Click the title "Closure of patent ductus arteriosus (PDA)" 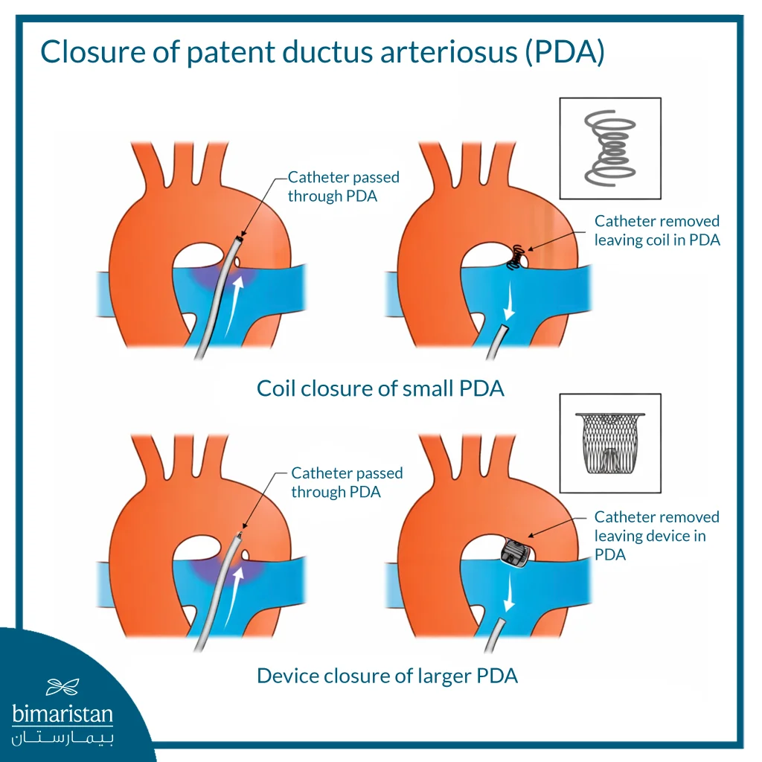point(321,53)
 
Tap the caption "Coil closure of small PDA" point(380,388)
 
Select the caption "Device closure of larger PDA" point(387,676)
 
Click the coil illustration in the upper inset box point(609,148)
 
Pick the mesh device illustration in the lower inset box point(609,444)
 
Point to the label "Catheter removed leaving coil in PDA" point(656,230)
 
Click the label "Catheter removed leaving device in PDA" point(656,536)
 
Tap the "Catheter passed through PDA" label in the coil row point(343,186)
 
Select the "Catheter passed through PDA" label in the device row point(346,482)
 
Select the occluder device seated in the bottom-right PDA point(513,553)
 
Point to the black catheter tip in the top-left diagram point(238,240)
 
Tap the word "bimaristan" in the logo point(63,714)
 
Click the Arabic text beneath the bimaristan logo point(63,738)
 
